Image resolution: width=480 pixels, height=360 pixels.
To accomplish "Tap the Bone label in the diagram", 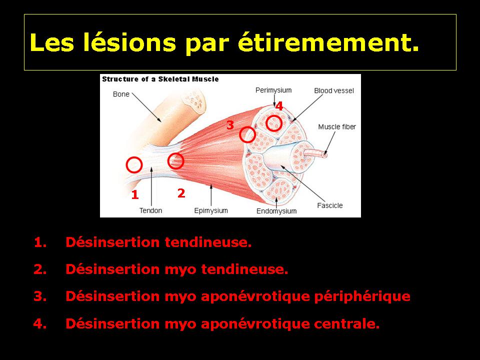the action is tap(121, 94).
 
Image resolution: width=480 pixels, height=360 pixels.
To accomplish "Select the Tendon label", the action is tap(150, 210).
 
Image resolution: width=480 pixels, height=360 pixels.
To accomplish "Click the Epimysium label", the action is tap(211, 210).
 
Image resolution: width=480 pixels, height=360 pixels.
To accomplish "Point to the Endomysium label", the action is tap(276, 211).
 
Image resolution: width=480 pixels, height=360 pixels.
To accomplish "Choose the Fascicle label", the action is tap(329, 205).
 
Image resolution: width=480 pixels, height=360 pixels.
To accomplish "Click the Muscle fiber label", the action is tap(337, 126).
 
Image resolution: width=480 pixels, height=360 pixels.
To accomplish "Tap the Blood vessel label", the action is tap(334, 90).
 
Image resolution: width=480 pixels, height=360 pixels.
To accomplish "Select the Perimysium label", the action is tap(273, 90).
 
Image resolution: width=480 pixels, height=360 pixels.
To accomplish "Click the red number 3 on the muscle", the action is tap(230, 125).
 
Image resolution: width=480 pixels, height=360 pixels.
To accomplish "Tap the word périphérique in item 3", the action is tap(362, 296).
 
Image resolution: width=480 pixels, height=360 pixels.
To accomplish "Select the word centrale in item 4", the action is tap(347, 323).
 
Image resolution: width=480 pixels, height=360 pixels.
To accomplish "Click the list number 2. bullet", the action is tap(40, 269).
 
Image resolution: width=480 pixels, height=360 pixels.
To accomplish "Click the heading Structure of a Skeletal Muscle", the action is tap(160, 79).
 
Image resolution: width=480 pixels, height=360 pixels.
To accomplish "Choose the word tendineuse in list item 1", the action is tap(208, 242).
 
